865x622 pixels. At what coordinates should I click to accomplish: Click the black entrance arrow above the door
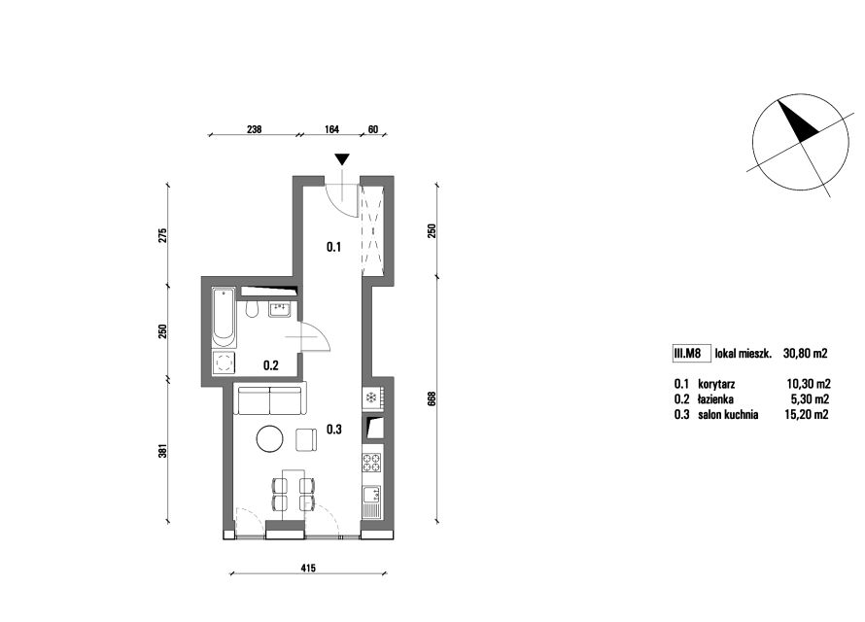[342, 159]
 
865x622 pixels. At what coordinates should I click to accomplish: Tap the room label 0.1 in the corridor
[333, 247]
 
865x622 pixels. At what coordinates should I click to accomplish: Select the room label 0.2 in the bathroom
[271, 365]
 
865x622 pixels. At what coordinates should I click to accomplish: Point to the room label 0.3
[334, 429]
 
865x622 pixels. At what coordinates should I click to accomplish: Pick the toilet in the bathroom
[252, 310]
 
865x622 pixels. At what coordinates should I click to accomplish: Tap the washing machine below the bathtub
[224, 363]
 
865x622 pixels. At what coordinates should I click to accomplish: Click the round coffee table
[270, 439]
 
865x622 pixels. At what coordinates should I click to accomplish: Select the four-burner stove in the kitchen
[372, 463]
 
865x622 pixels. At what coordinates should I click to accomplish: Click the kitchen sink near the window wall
[372, 501]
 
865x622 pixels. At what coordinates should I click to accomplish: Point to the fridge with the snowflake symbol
[372, 397]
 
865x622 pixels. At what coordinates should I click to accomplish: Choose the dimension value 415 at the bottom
[308, 568]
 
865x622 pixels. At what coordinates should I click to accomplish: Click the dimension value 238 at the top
[254, 129]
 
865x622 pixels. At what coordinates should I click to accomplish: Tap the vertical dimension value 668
[432, 398]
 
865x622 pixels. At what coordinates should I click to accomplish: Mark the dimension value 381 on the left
[162, 451]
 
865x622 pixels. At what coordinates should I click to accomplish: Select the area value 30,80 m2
[806, 354]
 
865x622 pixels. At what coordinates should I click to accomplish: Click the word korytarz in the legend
[716, 384]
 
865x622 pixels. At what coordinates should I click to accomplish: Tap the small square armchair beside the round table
[307, 440]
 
